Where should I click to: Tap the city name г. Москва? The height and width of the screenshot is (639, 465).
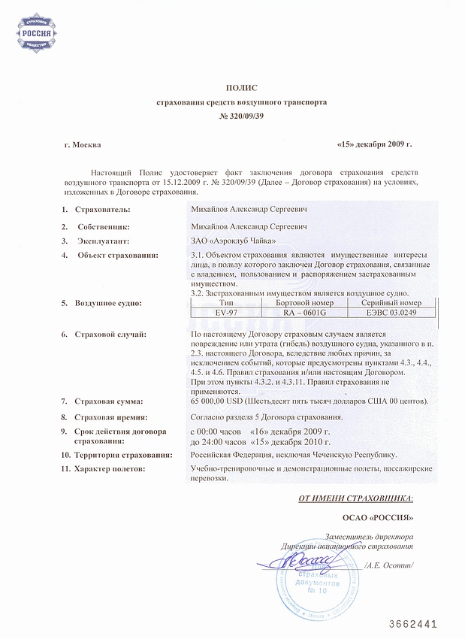pyautogui.click(x=83, y=144)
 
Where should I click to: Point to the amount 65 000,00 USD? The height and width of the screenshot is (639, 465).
pyautogui.click(x=222, y=401)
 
